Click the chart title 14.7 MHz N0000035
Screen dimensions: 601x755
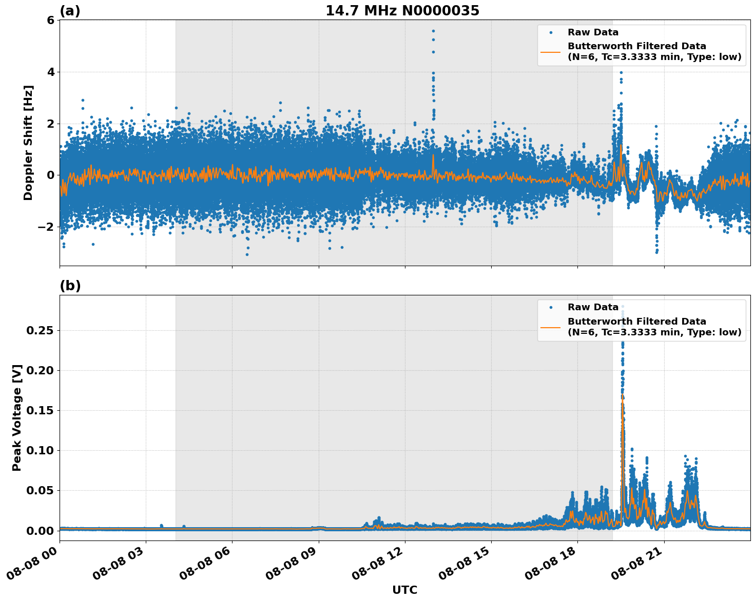[x=402, y=11]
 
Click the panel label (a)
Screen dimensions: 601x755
[x=70, y=11]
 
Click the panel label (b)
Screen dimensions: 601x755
[x=70, y=286]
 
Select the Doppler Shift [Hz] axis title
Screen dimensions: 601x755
[x=28, y=143]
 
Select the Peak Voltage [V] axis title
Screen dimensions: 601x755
[x=17, y=417]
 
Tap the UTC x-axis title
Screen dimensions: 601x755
[x=404, y=590]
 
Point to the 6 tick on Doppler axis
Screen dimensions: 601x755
[x=50, y=20]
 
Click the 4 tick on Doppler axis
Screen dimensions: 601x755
[x=50, y=72]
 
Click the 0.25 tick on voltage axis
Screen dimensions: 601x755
[x=40, y=331]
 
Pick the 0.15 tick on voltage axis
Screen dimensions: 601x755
[x=40, y=411]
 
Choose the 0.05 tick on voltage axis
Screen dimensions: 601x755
[x=40, y=491]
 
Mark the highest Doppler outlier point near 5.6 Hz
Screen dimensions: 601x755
[x=433, y=31]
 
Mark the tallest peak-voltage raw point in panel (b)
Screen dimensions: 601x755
[x=623, y=307]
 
